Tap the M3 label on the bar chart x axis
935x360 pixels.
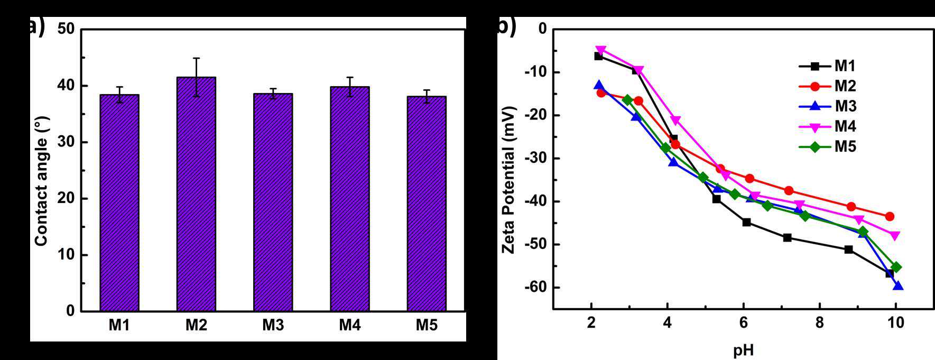coord(273,325)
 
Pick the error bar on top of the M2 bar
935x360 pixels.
coord(196,77)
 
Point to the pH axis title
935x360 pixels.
coord(743,349)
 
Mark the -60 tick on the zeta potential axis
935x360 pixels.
coord(535,287)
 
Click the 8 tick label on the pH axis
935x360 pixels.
coord(819,322)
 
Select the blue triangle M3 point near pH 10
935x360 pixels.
coord(897,286)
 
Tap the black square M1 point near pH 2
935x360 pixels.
coord(598,56)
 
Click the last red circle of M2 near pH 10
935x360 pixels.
coord(890,216)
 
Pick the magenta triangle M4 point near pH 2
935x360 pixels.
coord(601,50)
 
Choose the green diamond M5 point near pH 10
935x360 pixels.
coord(896,267)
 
